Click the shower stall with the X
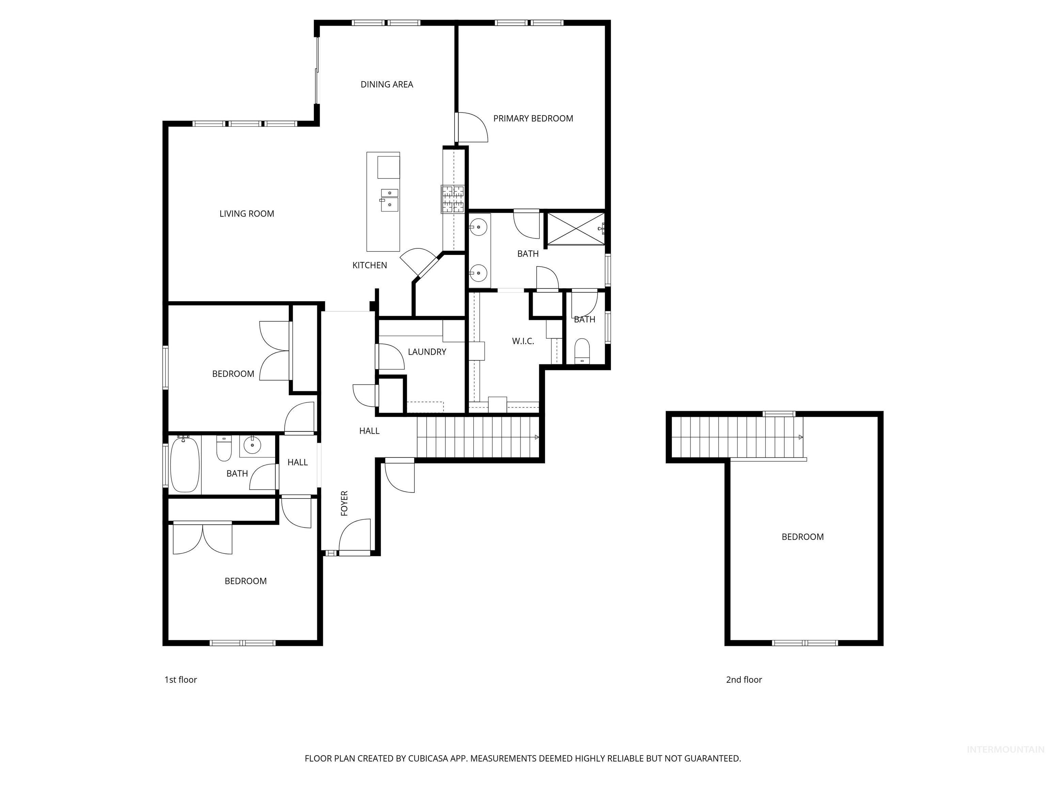point(575,229)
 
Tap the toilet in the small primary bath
point(582,350)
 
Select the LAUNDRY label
point(427,352)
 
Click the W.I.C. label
point(523,341)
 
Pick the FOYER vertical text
point(344,503)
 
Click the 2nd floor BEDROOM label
point(803,537)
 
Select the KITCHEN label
point(369,265)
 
